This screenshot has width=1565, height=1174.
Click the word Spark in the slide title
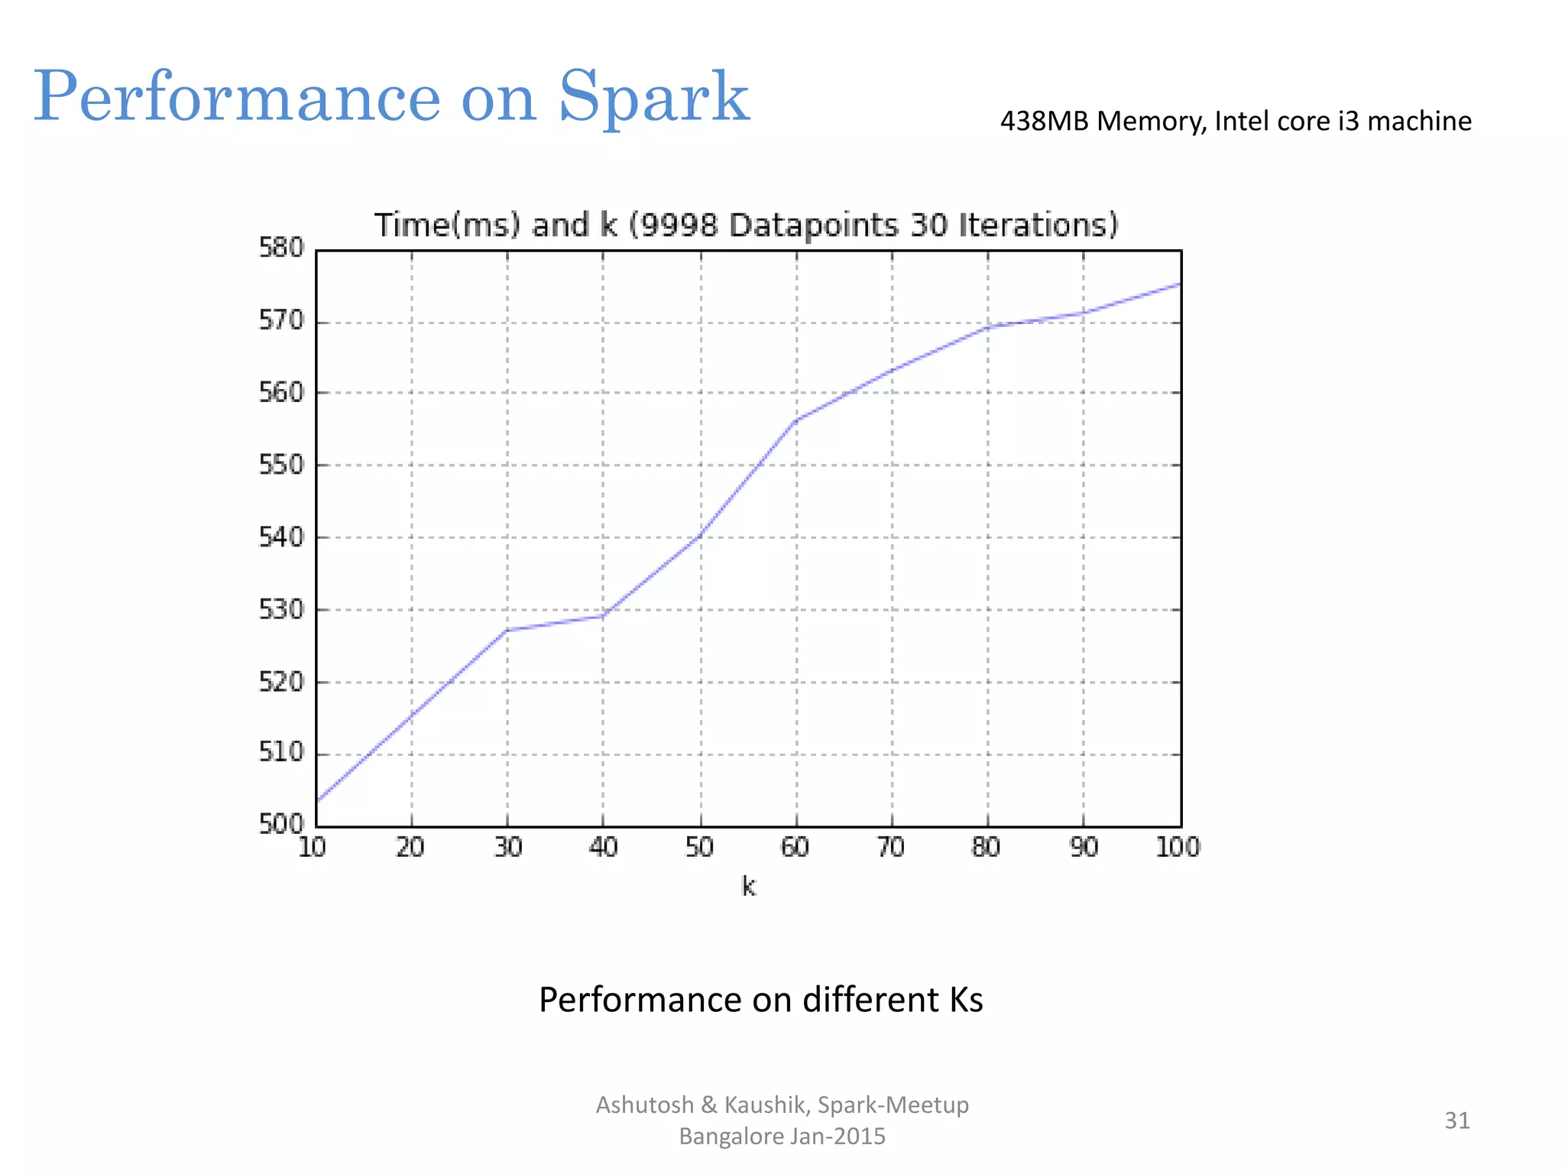(654, 98)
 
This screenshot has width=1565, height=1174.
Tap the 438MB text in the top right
(1044, 121)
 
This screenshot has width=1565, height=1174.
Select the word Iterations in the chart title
(1037, 225)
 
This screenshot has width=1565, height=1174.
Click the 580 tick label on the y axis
(281, 248)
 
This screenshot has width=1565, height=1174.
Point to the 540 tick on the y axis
(281, 537)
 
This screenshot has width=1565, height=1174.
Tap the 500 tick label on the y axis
(281, 824)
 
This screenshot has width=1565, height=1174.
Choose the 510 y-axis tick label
(281, 753)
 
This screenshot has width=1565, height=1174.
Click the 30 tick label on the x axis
(507, 847)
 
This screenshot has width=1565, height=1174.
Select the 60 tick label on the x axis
(795, 847)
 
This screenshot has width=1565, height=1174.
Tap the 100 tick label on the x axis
(1178, 847)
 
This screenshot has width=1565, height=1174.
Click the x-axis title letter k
(748, 887)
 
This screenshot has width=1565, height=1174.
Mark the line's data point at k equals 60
(796, 420)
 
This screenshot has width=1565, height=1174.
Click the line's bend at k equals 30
(507, 630)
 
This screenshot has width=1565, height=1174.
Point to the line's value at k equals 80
(988, 327)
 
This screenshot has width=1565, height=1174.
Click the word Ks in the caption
(966, 999)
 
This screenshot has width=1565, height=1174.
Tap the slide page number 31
(1456, 1120)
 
